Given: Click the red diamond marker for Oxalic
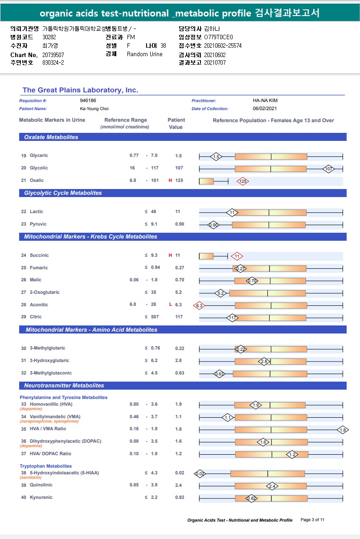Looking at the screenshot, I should pos(243,181).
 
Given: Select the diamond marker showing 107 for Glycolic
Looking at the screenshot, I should pos(329,169).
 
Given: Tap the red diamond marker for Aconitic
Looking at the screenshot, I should pos(199,305).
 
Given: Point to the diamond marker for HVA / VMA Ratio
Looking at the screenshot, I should pos(343,430).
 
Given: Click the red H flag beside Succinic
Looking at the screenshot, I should pos(170,255).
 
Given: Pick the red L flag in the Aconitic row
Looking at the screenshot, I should pos(170,305).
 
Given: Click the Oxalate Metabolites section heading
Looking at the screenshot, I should pos(51,137).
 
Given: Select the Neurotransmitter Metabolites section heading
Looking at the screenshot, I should pos(64,386).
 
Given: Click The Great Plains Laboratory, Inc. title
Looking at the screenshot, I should pos(80,91).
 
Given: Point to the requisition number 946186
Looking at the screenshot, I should pos(88,101).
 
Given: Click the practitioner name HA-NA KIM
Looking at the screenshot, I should pos(265,101).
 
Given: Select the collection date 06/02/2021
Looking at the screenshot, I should pos(265,109).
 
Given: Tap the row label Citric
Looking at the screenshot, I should pos(36,317).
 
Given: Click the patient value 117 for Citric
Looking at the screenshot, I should pos(179,317).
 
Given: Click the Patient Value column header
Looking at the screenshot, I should pos(176,123).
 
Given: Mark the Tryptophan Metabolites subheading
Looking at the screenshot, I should pos(45,466).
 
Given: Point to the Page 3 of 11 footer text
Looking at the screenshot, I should pos(313,520).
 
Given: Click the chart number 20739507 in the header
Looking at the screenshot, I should pos(53,54).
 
